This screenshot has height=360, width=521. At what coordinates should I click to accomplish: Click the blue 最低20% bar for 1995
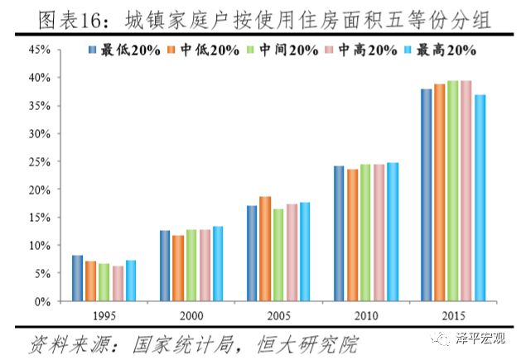77,279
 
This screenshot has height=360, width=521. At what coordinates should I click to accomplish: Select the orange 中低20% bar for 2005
264,249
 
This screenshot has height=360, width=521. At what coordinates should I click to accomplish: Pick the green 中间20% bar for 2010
365,233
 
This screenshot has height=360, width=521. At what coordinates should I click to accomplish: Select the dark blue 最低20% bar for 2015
426,195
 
